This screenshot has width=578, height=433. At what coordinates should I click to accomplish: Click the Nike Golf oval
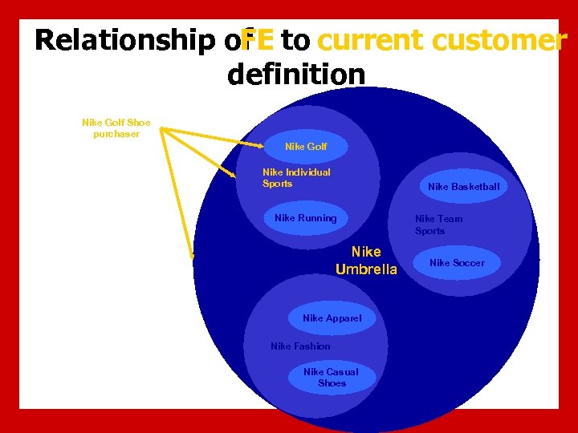tap(307, 147)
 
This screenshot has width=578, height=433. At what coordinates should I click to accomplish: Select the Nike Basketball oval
tap(463, 187)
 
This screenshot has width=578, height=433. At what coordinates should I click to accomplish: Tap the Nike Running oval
tap(306, 218)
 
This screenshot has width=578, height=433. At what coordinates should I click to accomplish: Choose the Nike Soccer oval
tap(457, 263)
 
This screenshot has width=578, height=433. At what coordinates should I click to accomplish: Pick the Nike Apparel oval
tap(332, 318)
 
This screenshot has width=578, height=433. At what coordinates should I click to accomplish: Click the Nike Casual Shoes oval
tap(332, 378)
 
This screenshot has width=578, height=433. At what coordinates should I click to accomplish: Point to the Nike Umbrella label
tap(366, 261)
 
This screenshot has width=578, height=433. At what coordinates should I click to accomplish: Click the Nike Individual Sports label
tap(296, 178)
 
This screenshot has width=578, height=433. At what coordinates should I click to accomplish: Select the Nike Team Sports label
tap(438, 225)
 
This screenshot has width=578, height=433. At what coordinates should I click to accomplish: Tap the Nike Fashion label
tap(300, 346)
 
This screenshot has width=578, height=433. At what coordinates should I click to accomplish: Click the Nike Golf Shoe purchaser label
tap(116, 128)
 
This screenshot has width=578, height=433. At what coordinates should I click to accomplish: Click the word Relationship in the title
tap(128, 40)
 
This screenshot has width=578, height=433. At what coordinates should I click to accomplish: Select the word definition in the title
tap(296, 75)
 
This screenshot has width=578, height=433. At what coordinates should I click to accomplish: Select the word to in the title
tap(295, 40)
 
